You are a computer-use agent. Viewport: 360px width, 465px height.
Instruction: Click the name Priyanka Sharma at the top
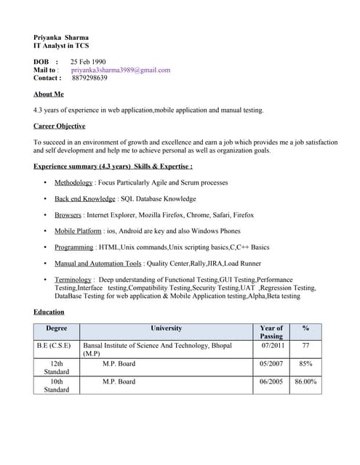pyautogui.click(x=61, y=37)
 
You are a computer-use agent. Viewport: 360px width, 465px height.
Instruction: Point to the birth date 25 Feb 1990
pyautogui.click(x=88, y=62)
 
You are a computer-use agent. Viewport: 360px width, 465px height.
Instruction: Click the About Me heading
pyautogui.click(x=49, y=94)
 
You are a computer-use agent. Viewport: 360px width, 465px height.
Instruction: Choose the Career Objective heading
pyautogui.click(x=60, y=126)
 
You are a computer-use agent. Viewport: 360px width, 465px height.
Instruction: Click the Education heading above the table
pyautogui.click(x=49, y=312)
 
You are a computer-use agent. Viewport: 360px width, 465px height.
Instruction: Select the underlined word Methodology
pyautogui.click(x=73, y=182)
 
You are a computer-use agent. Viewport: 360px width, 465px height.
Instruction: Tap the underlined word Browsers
pyautogui.click(x=68, y=215)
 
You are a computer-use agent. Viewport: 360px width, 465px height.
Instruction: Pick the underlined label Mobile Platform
pyautogui.click(x=78, y=231)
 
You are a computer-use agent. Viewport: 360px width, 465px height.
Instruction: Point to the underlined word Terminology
pyautogui.click(x=73, y=279)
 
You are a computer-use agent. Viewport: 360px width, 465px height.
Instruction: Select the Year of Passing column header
pyautogui.click(x=271, y=332)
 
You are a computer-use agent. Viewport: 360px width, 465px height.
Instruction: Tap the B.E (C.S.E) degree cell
pyautogui.click(x=54, y=346)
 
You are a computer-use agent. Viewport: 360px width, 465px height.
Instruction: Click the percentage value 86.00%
pyautogui.click(x=305, y=381)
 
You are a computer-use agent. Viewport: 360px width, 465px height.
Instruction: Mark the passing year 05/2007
pyautogui.click(x=271, y=363)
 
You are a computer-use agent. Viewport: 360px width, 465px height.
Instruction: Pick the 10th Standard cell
pyautogui.click(x=56, y=385)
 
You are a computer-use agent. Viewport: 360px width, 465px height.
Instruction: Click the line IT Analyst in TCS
pyautogui.click(x=61, y=46)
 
